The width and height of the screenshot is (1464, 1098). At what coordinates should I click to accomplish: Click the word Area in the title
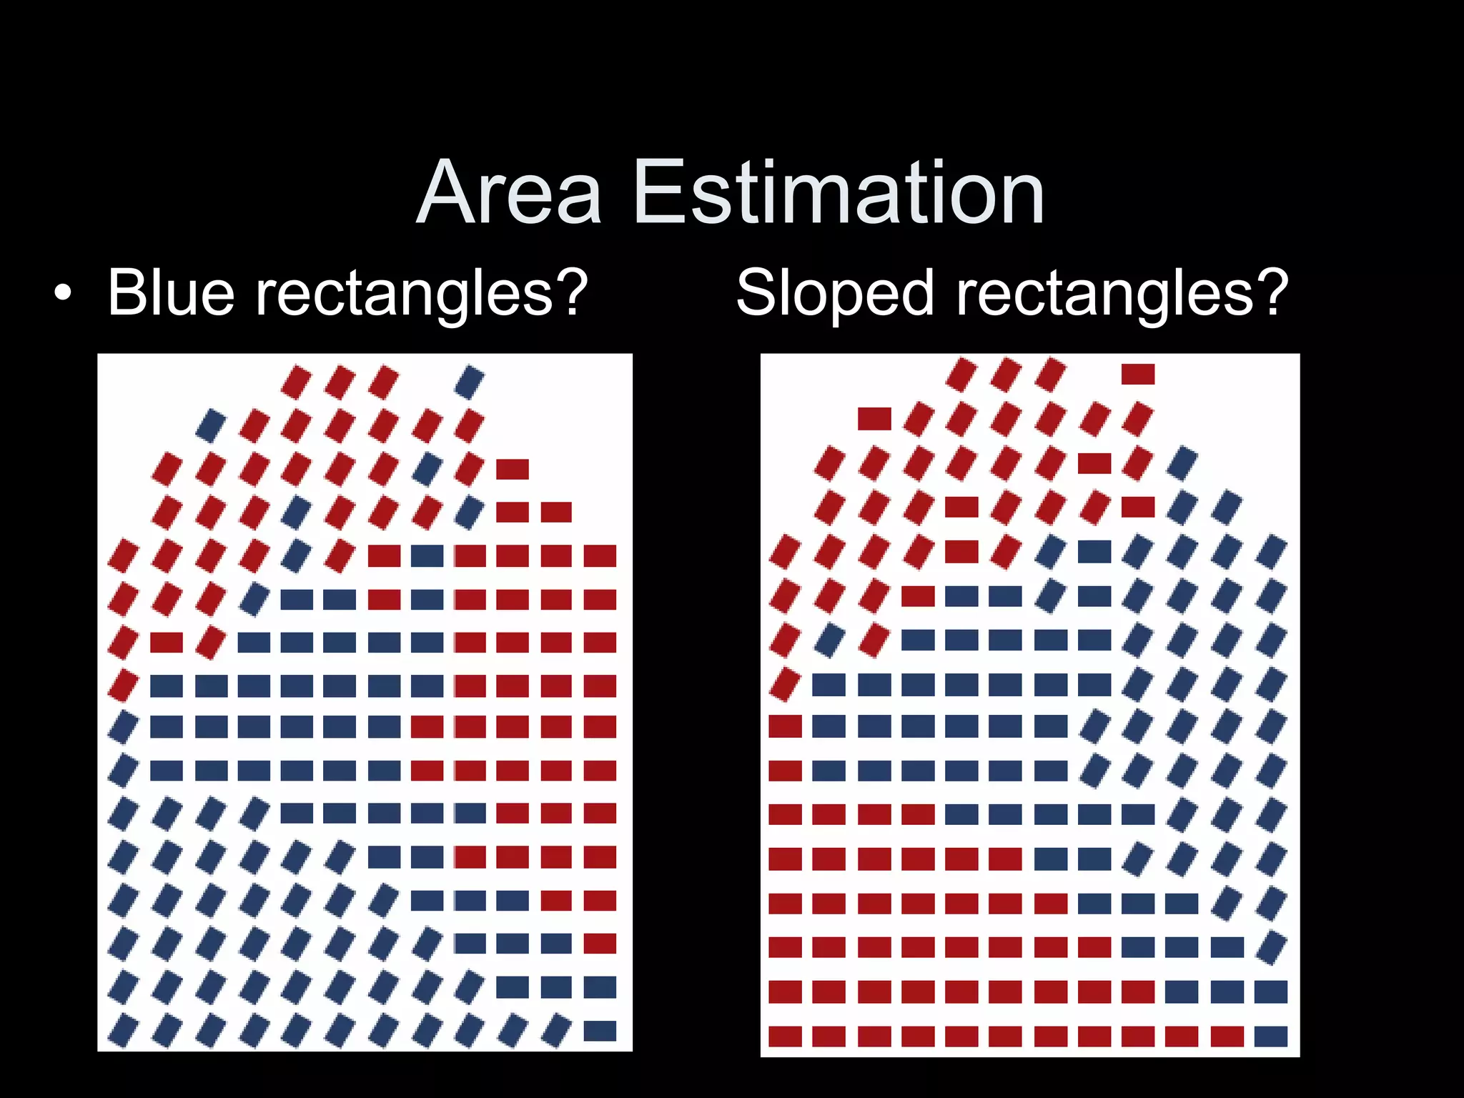[x=508, y=193]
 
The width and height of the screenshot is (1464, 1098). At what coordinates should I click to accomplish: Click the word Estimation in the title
[x=839, y=193]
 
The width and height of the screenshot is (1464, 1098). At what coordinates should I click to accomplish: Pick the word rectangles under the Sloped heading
[x=1105, y=293]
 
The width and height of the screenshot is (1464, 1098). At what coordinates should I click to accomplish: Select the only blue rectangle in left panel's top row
[x=469, y=382]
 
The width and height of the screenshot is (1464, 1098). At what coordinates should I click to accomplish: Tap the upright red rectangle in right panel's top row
[x=1138, y=374]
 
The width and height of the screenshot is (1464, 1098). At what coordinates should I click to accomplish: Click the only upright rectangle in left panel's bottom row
[x=600, y=1031]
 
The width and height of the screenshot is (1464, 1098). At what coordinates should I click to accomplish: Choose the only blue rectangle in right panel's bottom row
[x=1270, y=1036]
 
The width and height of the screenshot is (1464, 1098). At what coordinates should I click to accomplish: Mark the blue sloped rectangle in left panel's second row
[x=211, y=425]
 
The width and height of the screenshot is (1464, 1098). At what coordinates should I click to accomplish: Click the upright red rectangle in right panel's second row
[x=874, y=419]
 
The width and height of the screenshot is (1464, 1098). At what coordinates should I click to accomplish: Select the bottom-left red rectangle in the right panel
[x=785, y=1036]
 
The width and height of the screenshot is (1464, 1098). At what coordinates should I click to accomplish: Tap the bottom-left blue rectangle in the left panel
[x=123, y=1031]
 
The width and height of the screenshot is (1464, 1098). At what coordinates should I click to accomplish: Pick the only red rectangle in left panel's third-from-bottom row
[x=600, y=944]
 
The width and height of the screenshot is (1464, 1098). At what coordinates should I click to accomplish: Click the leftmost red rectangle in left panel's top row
[x=295, y=382]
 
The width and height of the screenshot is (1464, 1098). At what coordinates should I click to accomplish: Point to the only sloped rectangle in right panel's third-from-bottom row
[x=1270, y=948]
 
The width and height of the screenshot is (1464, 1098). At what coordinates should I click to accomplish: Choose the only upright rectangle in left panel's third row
[x=513, y=470]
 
